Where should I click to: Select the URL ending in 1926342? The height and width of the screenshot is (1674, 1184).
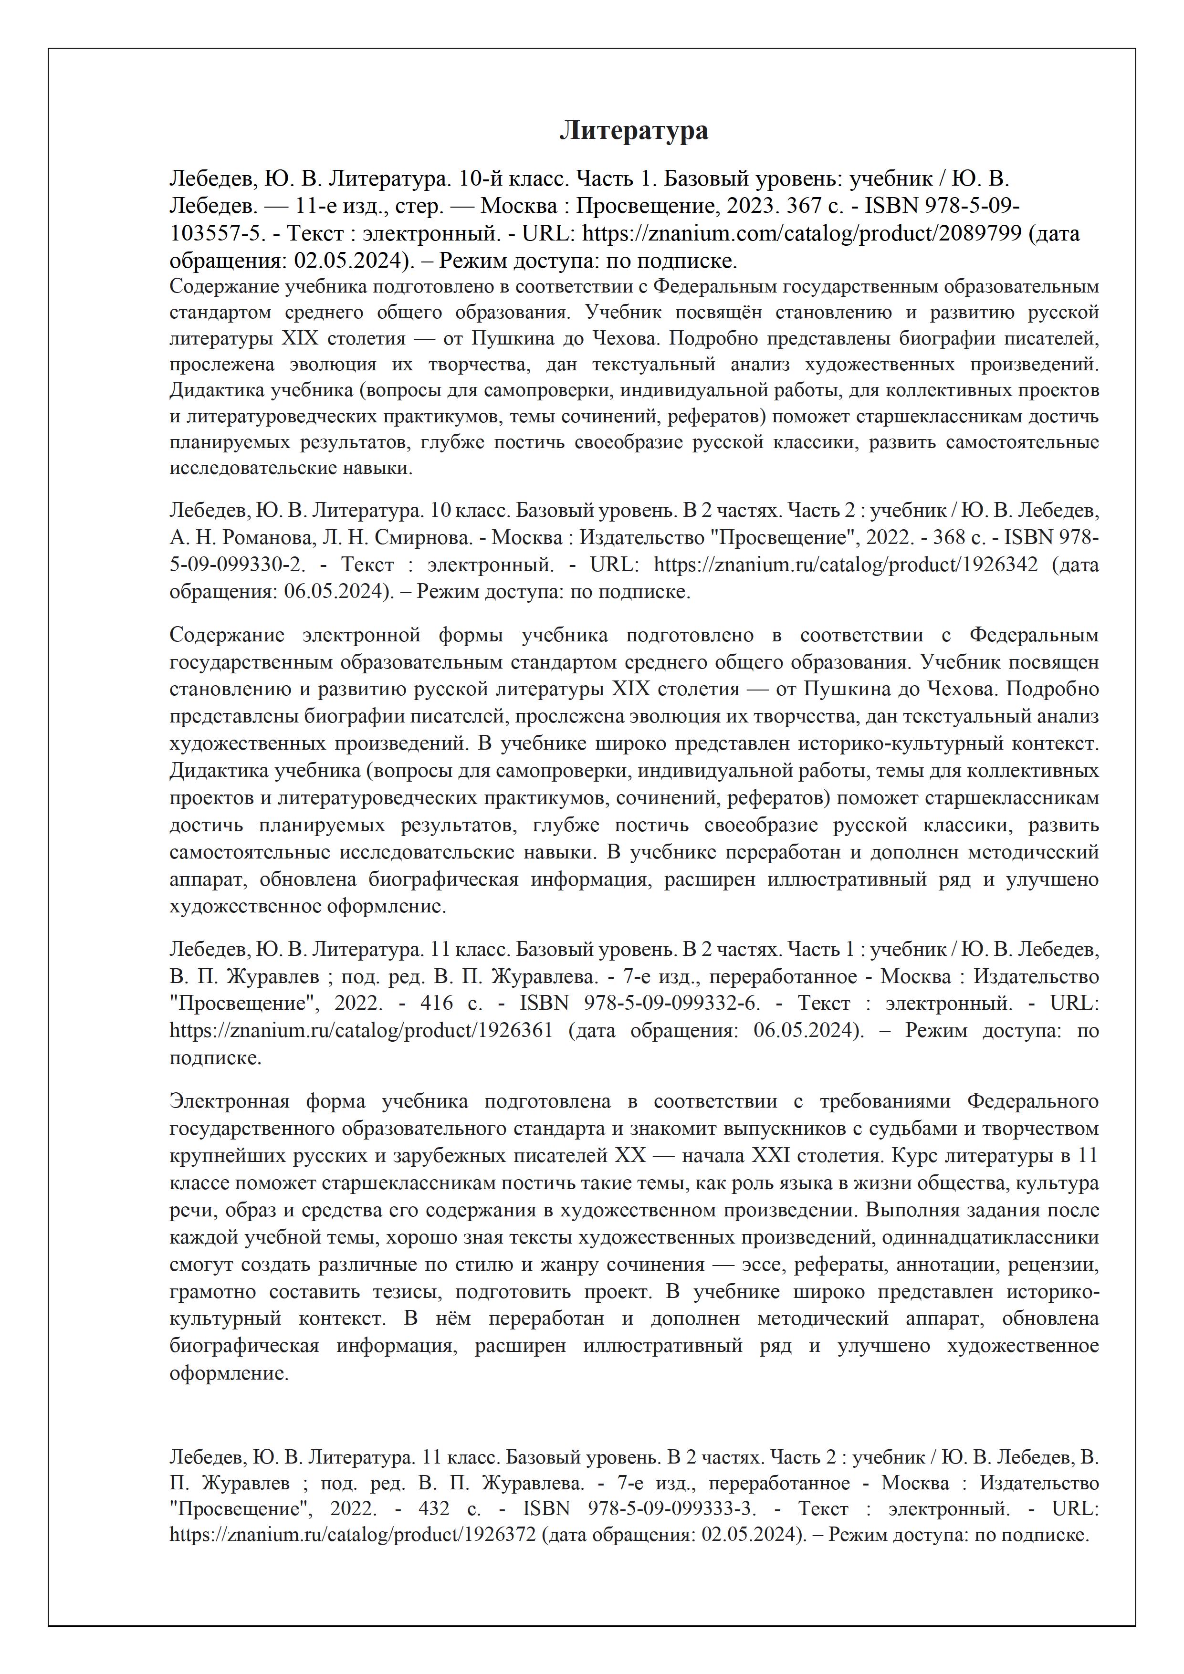845,565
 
